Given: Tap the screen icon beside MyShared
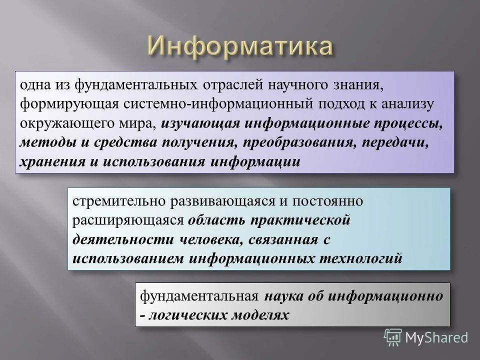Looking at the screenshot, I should (393, 337).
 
